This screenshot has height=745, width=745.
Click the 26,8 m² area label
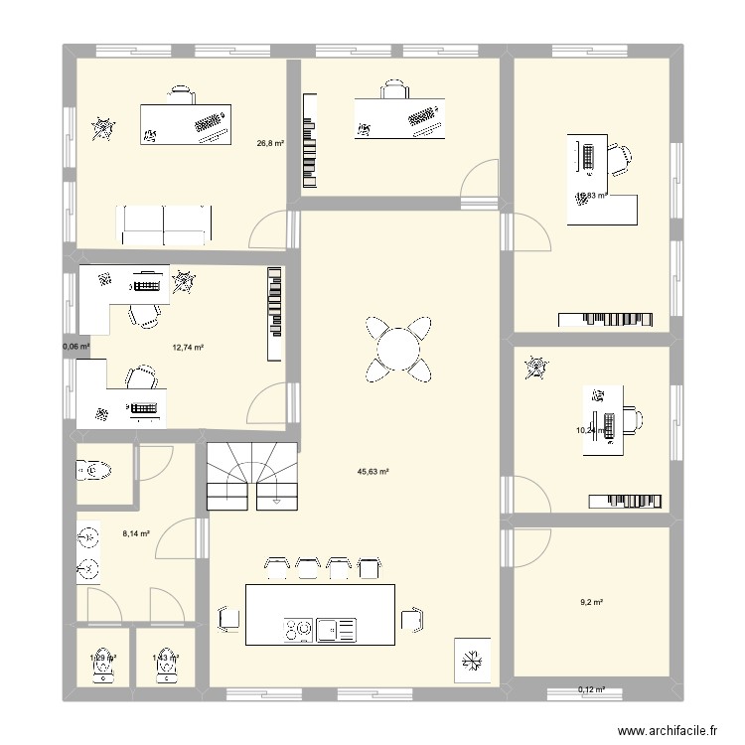[271, 143]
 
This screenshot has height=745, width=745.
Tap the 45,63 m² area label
[372, 473]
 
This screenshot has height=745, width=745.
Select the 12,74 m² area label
[188, 348]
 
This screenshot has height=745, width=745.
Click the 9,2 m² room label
[592, 602]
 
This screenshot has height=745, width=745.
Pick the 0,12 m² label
[592, 689]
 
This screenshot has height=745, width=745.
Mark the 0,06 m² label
[75, 347]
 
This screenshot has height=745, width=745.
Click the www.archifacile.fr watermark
[667, 729]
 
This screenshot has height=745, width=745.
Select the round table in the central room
[397, 349]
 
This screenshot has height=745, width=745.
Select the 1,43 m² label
[165, 658]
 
